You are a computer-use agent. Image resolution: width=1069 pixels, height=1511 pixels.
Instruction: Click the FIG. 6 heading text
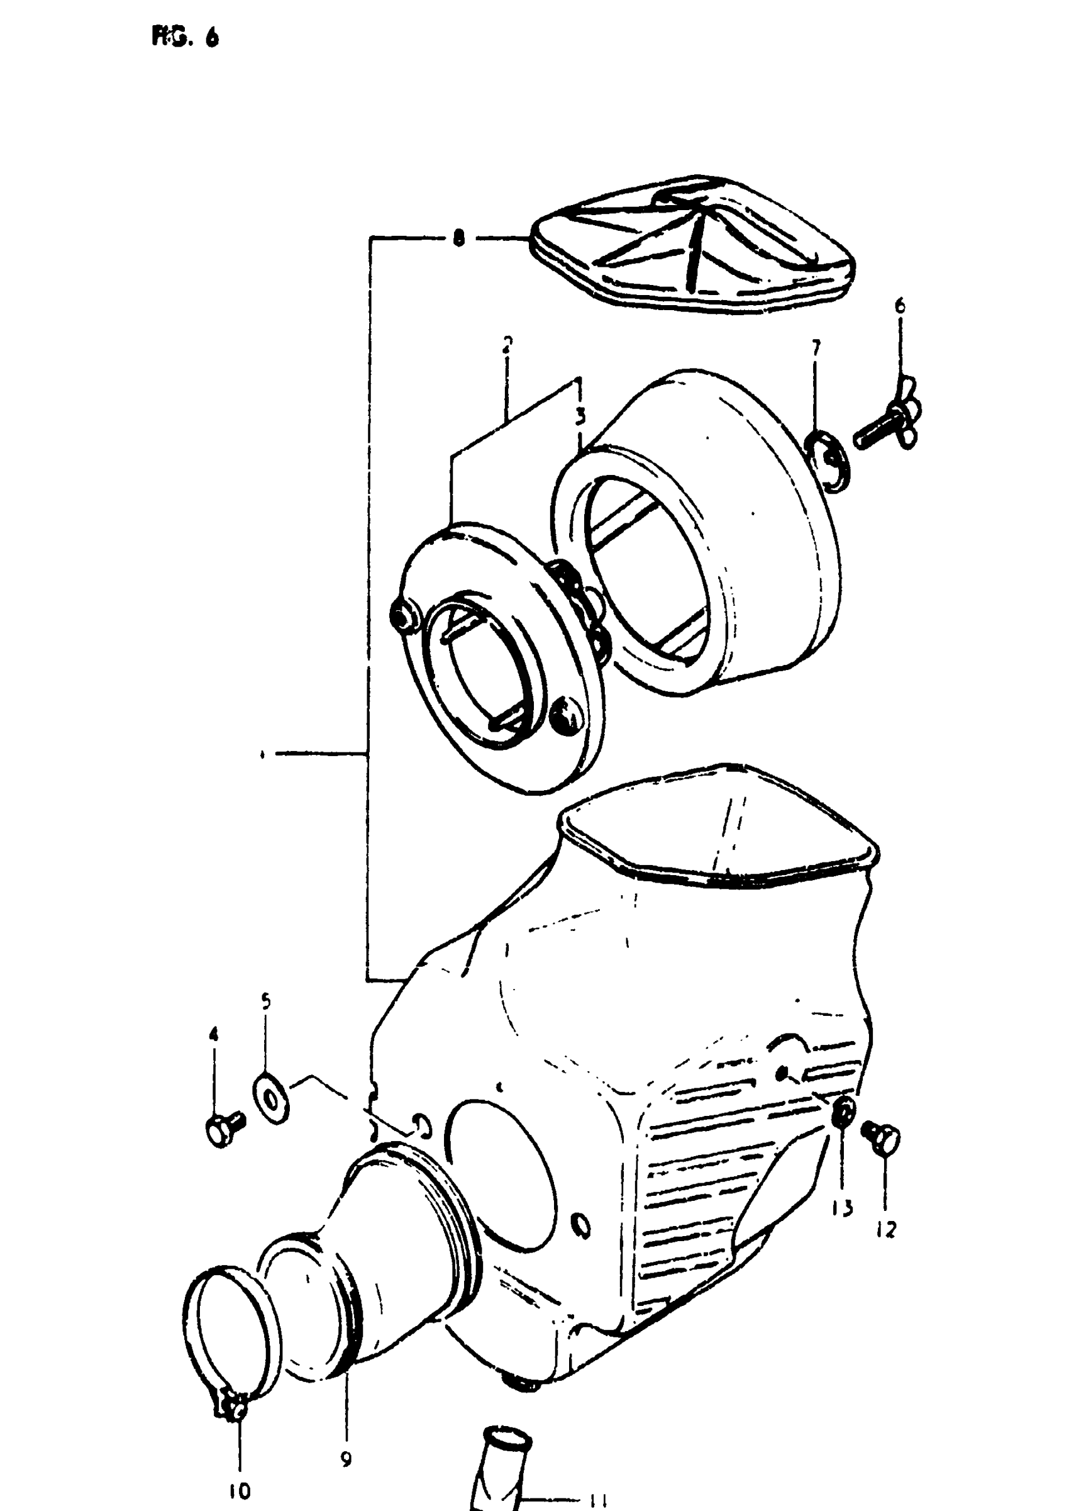pos(185,38)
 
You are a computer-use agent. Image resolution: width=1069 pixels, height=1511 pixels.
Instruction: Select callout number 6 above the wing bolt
pos(899,306)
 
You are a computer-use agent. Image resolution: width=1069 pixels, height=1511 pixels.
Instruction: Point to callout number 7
pos(816,348)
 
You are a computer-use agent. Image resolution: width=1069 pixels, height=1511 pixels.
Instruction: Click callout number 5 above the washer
pos(265,1002)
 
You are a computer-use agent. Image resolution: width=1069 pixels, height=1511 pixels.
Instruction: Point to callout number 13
pos(844,1208)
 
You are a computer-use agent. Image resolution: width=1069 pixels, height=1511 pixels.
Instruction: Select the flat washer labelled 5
pos(269,1098)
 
